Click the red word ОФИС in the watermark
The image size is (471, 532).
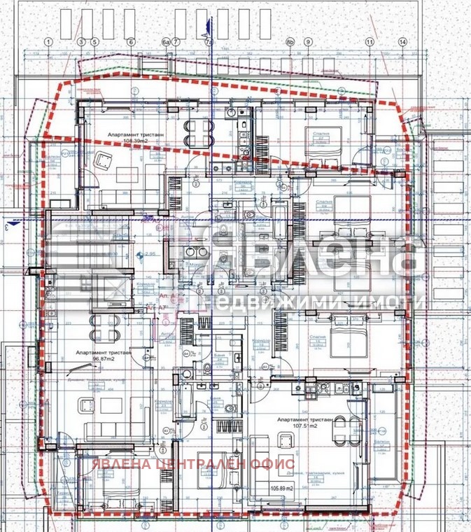[x=274, y=463]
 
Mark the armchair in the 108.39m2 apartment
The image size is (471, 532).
[x=104, y=160]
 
